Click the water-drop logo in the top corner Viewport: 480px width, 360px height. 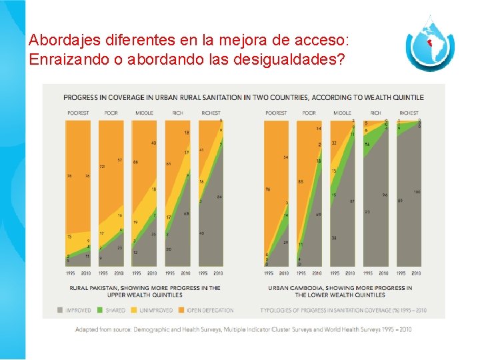430,45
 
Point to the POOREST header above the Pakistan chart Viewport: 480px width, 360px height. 78,113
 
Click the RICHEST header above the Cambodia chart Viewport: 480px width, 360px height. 409,113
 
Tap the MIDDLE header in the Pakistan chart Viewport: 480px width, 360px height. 144,113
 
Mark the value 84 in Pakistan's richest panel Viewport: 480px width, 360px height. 219,197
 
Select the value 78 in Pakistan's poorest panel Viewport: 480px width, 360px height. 70,176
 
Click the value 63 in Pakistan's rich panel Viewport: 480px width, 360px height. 186,213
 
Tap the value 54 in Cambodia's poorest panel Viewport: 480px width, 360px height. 285,157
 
